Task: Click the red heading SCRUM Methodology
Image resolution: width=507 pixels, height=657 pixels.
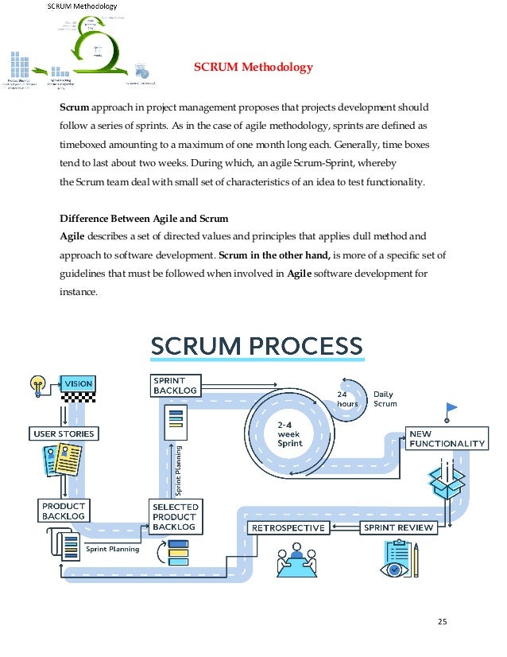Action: click(x=253, y=68)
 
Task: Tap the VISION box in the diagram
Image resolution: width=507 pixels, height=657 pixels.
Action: click(x=78, y=384)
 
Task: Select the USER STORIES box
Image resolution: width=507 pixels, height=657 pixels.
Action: click(x=63, y=434)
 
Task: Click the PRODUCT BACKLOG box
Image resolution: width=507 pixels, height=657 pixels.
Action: click(x=63, y=511)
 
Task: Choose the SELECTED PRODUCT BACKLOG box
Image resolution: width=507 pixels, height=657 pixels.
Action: click(x=175, y=517)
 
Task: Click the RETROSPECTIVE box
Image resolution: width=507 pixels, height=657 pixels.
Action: click(x=288, y=528)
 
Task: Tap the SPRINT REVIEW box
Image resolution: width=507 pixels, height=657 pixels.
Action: click(x=399, y=527)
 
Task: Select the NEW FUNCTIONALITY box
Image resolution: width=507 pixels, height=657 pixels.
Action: click(x=446, y=438)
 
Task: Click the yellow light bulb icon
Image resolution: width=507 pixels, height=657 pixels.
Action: click(x=37, y=385)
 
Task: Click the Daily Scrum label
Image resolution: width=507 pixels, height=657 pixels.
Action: click(x=385, y=399)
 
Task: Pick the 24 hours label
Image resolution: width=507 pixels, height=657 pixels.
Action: click(x=347, y=398)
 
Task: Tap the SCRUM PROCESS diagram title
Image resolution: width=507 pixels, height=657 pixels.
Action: click(x=256, y=347)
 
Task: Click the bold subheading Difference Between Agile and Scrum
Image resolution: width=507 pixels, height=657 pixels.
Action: click(x=145, y=219)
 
